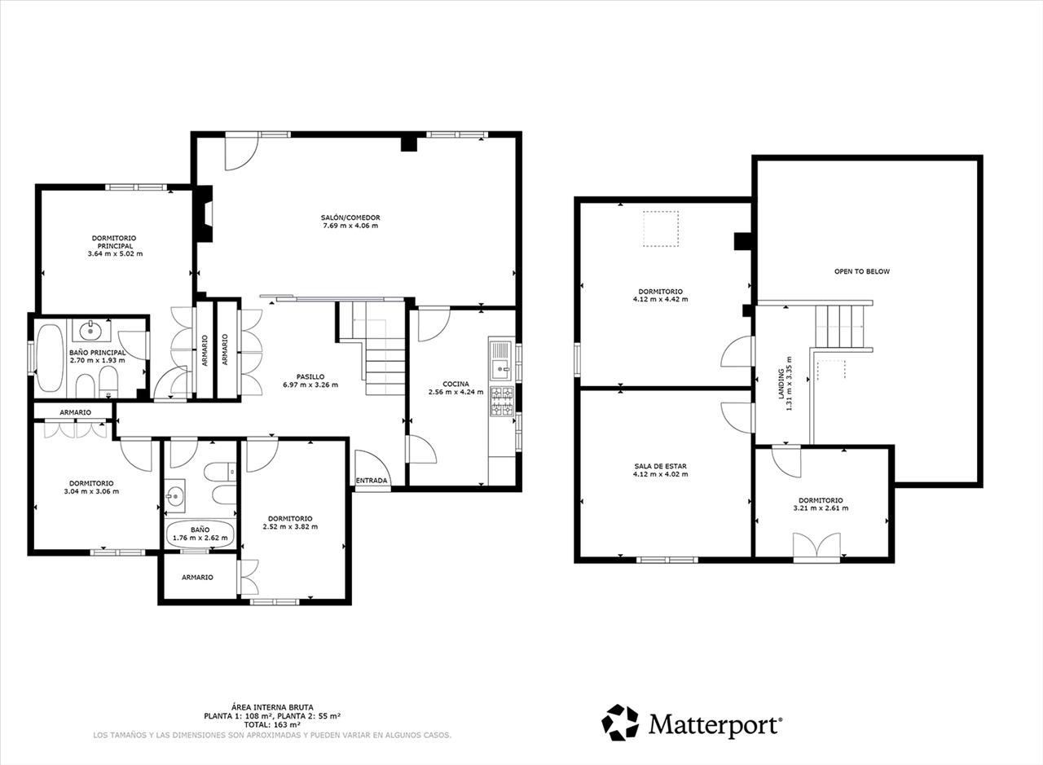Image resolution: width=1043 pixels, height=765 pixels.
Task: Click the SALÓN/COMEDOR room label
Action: click(350, 218)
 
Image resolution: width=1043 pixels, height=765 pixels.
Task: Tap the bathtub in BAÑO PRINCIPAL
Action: click(50, 358)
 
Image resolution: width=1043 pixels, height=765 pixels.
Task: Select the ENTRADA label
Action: click(372, 481)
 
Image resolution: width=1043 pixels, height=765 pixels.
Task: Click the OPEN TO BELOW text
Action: click(861, 271)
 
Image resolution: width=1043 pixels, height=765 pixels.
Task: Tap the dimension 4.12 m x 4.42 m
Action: click(661, 299)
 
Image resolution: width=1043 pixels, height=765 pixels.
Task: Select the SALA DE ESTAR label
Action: click(660, 466)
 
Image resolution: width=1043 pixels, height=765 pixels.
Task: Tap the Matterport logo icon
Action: click(620, 723)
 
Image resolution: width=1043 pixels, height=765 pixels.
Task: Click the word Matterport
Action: click(715, 724)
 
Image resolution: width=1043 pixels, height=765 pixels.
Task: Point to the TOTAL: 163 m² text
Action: click(272, 724)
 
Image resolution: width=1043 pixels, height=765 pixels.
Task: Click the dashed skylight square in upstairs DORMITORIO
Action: click(661, 229)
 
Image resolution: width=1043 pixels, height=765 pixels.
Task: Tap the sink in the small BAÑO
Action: click(174, 495)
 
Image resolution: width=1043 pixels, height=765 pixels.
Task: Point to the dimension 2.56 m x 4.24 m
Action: click(455, 392)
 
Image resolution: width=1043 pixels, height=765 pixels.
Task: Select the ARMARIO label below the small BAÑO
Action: click(197, 577)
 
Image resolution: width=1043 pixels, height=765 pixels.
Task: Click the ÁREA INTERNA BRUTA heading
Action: click(272, 707)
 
